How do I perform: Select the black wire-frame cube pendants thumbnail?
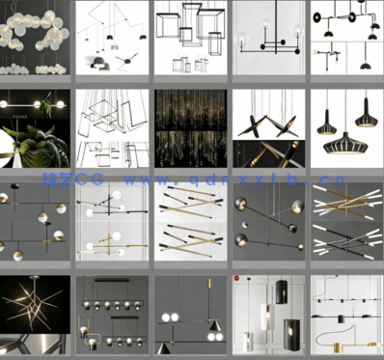(x=191, y=39)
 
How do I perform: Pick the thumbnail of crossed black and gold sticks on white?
(x=191, y=222)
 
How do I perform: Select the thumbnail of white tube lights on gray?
(x=345, y=222)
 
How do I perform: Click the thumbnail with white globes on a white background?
(x=112, y=222)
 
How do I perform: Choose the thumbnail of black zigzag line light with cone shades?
(x=112, y=39)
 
